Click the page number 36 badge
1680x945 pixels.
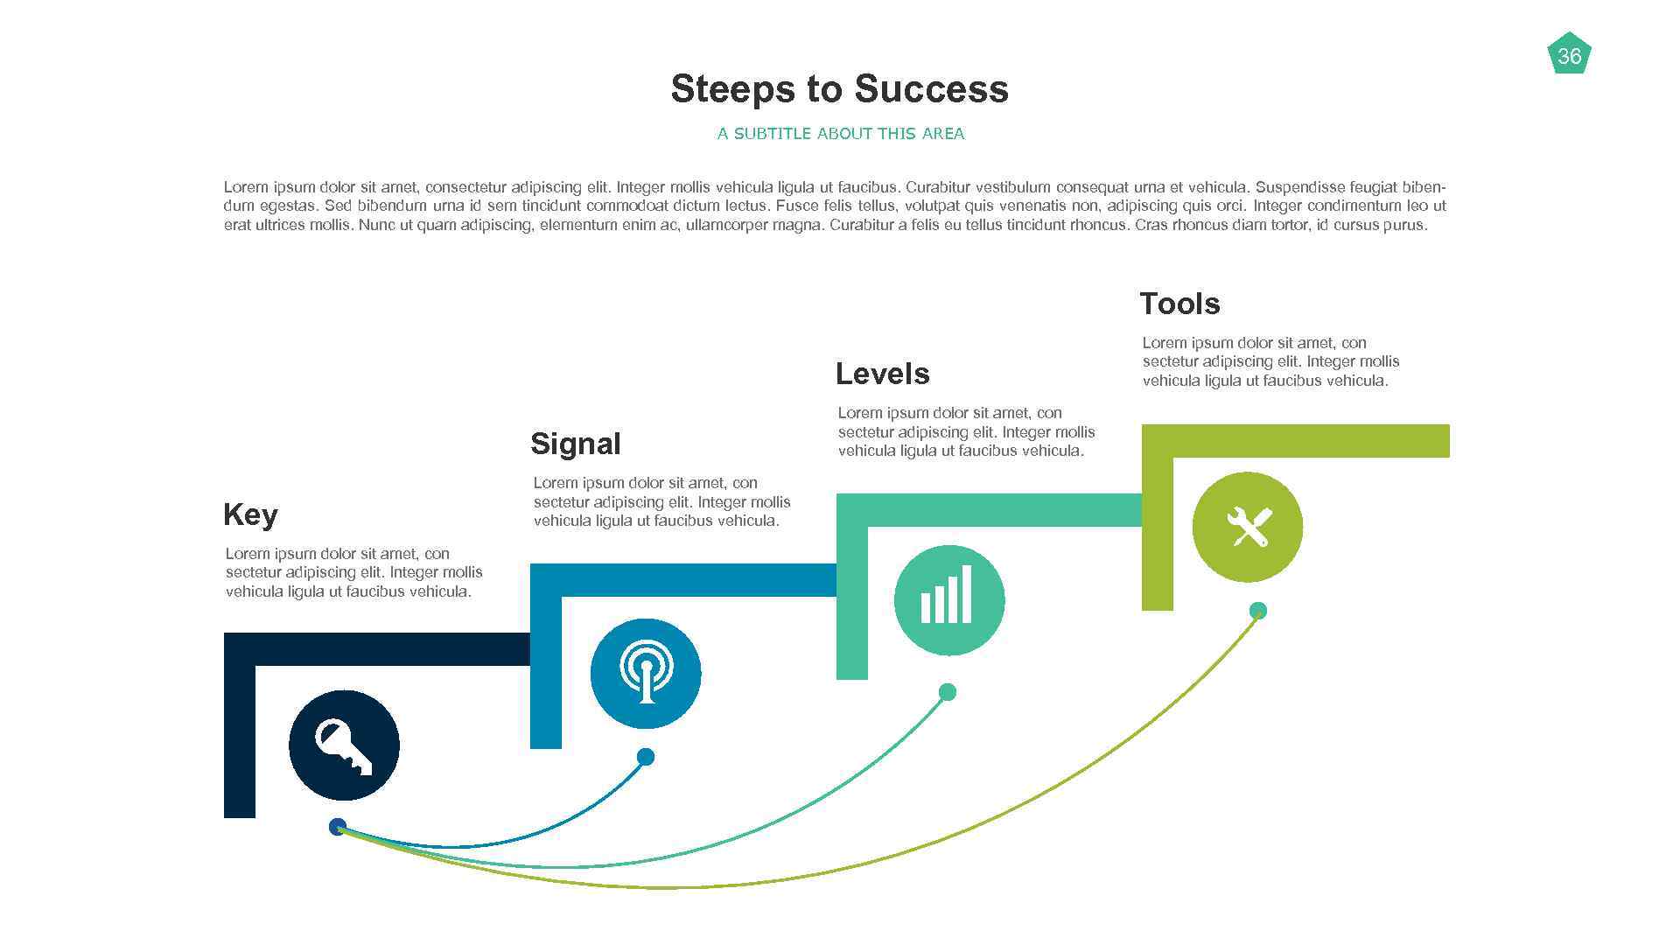1569,55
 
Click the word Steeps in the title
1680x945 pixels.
732,89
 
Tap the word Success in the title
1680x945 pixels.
931,89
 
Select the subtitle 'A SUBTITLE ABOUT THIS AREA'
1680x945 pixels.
840,134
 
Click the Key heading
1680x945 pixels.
250,514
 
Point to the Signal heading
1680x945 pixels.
575,444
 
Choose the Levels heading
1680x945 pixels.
882,374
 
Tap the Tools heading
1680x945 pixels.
1179,304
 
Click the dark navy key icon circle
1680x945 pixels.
344,745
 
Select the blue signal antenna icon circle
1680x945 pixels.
646,674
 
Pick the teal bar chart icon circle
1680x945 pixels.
948,600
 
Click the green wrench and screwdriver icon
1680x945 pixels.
1247,527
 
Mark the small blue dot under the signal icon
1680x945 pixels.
646,757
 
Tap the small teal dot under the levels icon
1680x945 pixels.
947,692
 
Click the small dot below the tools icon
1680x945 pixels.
1257,611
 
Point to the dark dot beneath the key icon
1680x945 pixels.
337,827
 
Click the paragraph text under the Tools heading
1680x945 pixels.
1270,361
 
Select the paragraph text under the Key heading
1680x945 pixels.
353,572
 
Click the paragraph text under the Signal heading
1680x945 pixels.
661,501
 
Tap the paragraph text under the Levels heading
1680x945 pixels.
966,431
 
